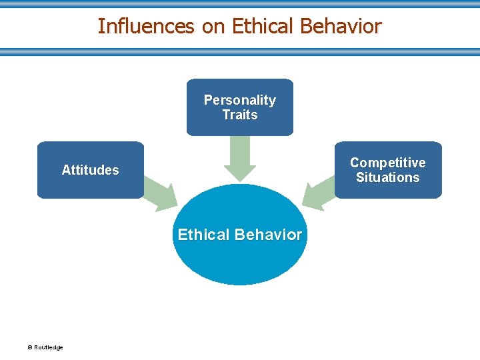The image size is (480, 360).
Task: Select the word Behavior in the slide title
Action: pyautogui.click(x=341, y=26)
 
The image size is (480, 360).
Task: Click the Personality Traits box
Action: pyautogui.click(x=240, y=107)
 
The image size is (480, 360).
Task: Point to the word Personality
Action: pyautogui.click(x=240, y=100)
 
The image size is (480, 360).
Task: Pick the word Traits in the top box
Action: pyautogui.click(x=240, y=115)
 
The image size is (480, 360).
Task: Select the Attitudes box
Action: pyautogui.click(x=91, y=170)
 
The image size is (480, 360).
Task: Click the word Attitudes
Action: pyautogui.click(x=91, y=170)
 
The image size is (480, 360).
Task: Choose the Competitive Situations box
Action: pyautogui.click(x=388, y=170)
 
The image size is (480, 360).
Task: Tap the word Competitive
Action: pyautogui.click(x=388, y=163)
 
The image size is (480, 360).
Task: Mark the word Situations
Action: pyautogui.click(x=388, y=177)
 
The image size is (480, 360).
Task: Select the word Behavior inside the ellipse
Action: pyautogui.click(x=271, y=235)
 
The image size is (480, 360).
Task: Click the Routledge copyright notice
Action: pyautogui.click(x=45, y=347)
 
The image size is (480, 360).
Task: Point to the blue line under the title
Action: pyautogui.click(x=240, y=51)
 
